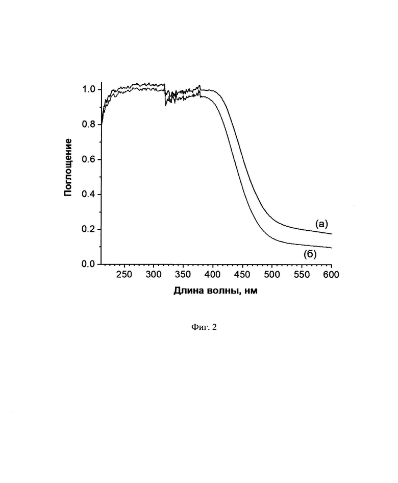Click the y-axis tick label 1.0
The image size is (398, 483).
click(x=88, y=89)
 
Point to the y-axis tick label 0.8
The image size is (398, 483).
click(x=88, y=125)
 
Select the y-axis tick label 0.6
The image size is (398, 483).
click(x=88, y=159)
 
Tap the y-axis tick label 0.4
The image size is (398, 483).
click(x=88, y=195)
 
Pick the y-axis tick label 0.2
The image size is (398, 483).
click(x=88, y=229)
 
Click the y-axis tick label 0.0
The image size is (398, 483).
click(x=88, y=264)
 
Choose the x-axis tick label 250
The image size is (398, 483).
click(x=124, y=275)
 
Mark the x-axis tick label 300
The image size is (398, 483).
click(x=154, y=275)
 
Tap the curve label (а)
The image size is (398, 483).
click(x=321, y=223)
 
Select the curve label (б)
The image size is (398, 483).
click(x=309, y=255)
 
